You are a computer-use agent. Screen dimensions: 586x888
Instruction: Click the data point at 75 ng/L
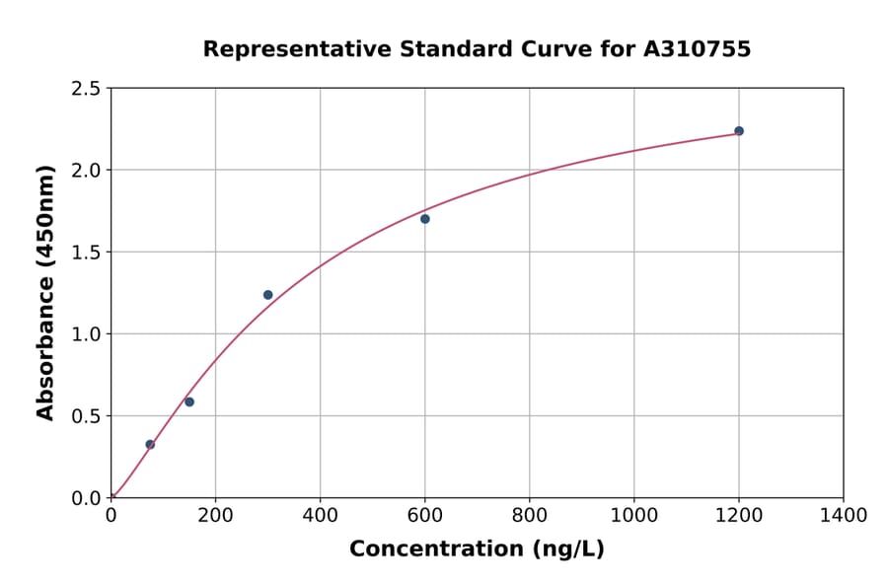(x=150, y=444)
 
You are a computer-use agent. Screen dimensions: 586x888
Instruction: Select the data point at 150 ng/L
(x=189, y=402)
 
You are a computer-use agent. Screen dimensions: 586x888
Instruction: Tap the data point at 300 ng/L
(x=267, y=295)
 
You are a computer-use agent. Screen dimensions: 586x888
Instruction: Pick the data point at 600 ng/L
(x=424, y=219)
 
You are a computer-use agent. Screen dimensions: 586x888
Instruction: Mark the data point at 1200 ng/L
(x=738, y=130)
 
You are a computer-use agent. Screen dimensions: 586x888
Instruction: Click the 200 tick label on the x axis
(x=215, y=515)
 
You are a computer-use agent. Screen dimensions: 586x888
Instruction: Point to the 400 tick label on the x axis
(x=320, y=515)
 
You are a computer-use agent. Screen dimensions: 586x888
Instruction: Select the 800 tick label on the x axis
(x=529, y=515)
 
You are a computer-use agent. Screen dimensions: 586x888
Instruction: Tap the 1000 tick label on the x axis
(x=633, y=515)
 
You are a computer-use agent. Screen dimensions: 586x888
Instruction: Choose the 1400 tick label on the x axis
(x=843, y=515)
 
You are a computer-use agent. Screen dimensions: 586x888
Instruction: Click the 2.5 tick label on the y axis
(x=87, y=89)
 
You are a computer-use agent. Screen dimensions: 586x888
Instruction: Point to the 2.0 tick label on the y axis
(x=87, y=171)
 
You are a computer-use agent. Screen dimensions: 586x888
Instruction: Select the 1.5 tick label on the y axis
(x=87, y=253)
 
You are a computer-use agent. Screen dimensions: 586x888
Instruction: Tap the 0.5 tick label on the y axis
(x=87, y=416)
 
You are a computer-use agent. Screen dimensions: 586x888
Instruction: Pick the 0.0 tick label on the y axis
(x=87, y=498)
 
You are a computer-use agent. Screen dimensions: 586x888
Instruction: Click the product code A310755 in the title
(x=697, y=48)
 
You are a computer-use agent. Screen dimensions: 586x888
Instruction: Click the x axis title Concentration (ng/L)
(x=477, y=549)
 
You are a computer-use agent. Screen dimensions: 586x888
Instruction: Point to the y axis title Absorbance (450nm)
(x=45, y=292)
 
